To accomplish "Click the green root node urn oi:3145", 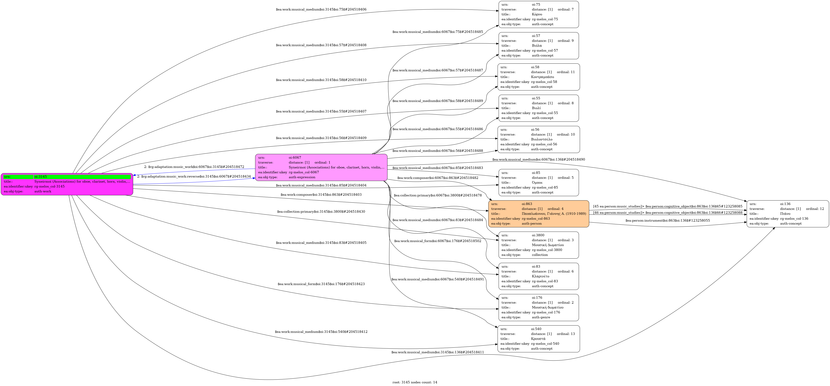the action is click(x=67, y=184).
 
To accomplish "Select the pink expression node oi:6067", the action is click(x=321, y=167).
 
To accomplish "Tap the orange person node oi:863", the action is click(x=539, y=214).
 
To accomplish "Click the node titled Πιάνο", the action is click(x=788, y=214).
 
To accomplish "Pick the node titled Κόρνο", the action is click(x=539, y=15).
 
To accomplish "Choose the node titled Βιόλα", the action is click(x=539, y=46).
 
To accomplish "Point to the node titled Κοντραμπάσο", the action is click(x=539, y=77).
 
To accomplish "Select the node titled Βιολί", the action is click(x=539, y=108).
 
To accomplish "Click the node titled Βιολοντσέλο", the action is click(x=539, y=139).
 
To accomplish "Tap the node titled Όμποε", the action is click(x=539, y=183).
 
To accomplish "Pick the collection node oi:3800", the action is click(x=539, y=245).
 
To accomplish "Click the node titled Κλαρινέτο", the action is click(x=539, y=276).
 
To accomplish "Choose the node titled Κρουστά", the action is click(x=539, y=339).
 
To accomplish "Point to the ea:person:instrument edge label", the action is click(x=668, y=221).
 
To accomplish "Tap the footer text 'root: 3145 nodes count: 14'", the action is click(x=415, y=382).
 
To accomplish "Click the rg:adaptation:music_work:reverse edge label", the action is click(x=194, y=176).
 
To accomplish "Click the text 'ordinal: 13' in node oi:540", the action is click(x=566, y=334).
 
